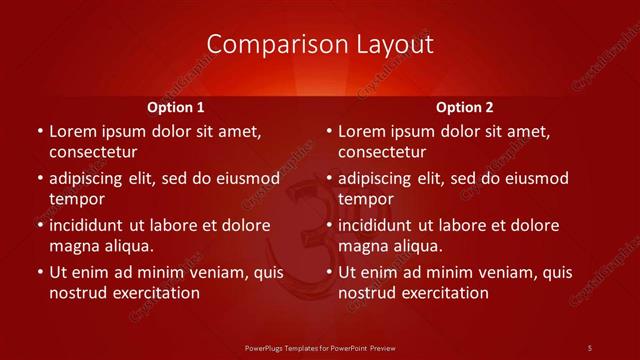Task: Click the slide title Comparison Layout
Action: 320,44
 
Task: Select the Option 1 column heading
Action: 176,107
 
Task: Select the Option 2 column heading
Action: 465,107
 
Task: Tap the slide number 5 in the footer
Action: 589,347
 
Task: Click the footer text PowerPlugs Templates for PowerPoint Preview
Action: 320,347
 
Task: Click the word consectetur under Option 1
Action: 93,152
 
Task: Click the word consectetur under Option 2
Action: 382,152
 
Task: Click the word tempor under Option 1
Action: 77,199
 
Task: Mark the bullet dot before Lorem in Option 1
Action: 39,131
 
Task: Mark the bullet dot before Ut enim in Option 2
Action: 328,272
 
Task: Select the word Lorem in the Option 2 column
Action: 361,131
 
